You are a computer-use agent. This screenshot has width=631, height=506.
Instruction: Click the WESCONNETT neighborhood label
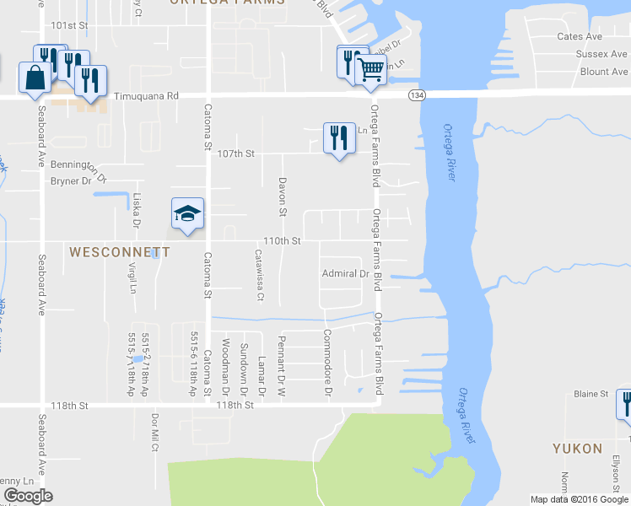click(119, 252)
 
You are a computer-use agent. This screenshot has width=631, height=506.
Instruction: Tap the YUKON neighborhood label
click(577, 448)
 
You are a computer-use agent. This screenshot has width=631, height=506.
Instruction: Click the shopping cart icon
click(369, 69)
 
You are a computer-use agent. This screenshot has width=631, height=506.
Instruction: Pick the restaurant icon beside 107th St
click(338, 137)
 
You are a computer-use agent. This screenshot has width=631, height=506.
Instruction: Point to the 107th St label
click(235, 154)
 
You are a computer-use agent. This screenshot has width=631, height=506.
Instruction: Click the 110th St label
click(282, 241)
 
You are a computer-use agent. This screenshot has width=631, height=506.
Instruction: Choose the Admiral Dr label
click(346, 273)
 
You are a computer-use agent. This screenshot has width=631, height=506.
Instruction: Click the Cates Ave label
click(580, 36)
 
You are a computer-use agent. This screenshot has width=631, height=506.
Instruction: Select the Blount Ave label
click(604, 72)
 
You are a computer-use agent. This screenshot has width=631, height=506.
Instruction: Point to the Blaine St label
click(591, 394)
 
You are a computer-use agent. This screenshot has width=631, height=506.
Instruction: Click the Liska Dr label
click(135, 210)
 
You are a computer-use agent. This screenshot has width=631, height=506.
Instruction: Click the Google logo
click(28, 496)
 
